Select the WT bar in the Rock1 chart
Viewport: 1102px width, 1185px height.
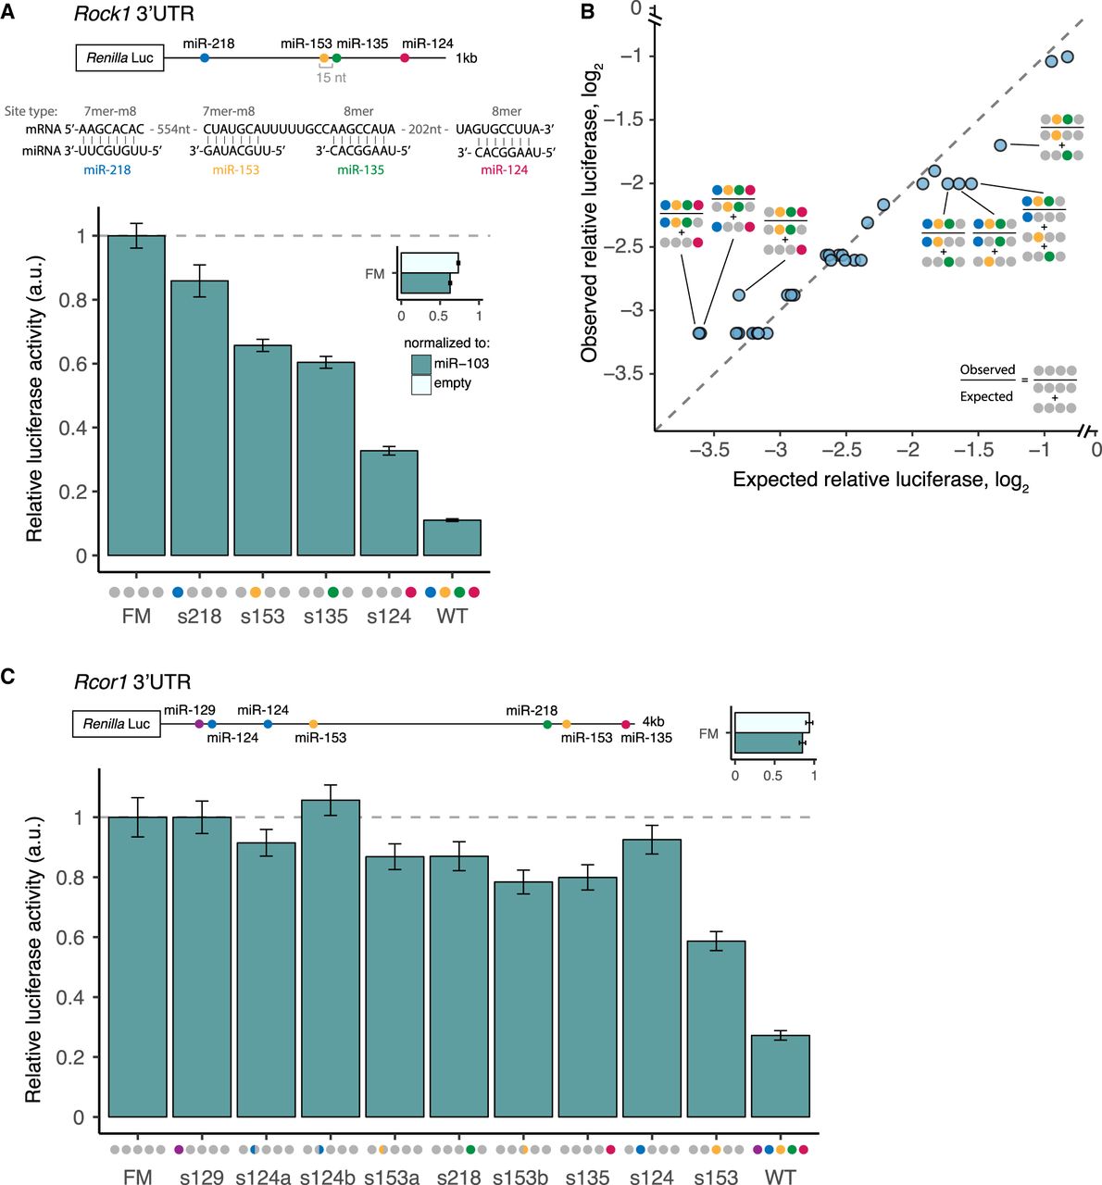(x=452, y=538)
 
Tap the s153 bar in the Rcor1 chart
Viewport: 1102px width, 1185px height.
(x=716, y=1029)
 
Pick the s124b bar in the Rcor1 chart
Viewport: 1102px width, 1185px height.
(x=331, y=958)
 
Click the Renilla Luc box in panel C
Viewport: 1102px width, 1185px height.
(x=117, y=724)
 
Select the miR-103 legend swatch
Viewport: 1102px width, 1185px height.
(x=421, y=364)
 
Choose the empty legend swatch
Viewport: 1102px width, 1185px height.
(x=421, y=383)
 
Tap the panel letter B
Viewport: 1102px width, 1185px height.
(x=587, y=13)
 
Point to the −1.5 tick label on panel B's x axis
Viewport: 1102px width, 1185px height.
(x=974, y=450)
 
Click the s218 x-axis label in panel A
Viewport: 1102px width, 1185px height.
(x=199, y=617)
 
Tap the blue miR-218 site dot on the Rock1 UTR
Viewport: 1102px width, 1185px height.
(x=205, y=58)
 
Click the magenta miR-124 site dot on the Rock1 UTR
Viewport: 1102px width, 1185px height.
(x=405, y=58)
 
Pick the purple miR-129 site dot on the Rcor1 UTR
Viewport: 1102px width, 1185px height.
(x=200, y=724)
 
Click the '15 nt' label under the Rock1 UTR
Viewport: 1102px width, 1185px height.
(x=331, y=78)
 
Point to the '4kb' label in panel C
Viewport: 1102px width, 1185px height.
(x=653, y=722)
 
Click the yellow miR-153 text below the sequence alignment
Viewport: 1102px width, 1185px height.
(x=235, y=170)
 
